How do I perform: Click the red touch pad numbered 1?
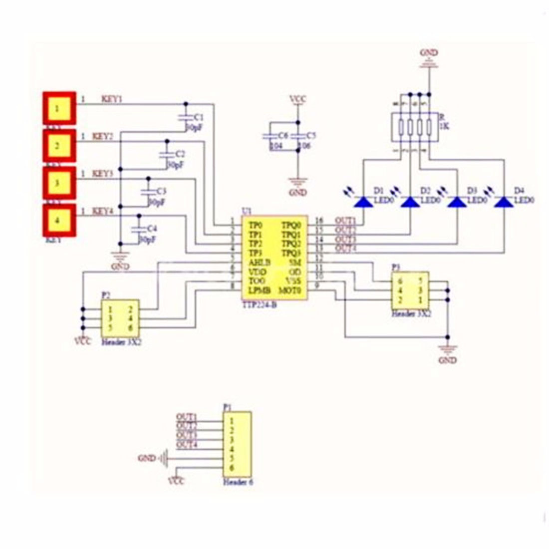pyautogui.click(x=59, y=108)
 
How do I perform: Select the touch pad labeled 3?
pyautogui.click(x=58, y=183)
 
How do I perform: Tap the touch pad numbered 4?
pyautogui.click(x=59, y=220)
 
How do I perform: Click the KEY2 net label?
pyautogui.click(x=103, y=136)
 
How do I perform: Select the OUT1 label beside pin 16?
pyautogui.click(x=345, y=221)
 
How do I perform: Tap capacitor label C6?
pyautogui.click(x=283, y=135)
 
